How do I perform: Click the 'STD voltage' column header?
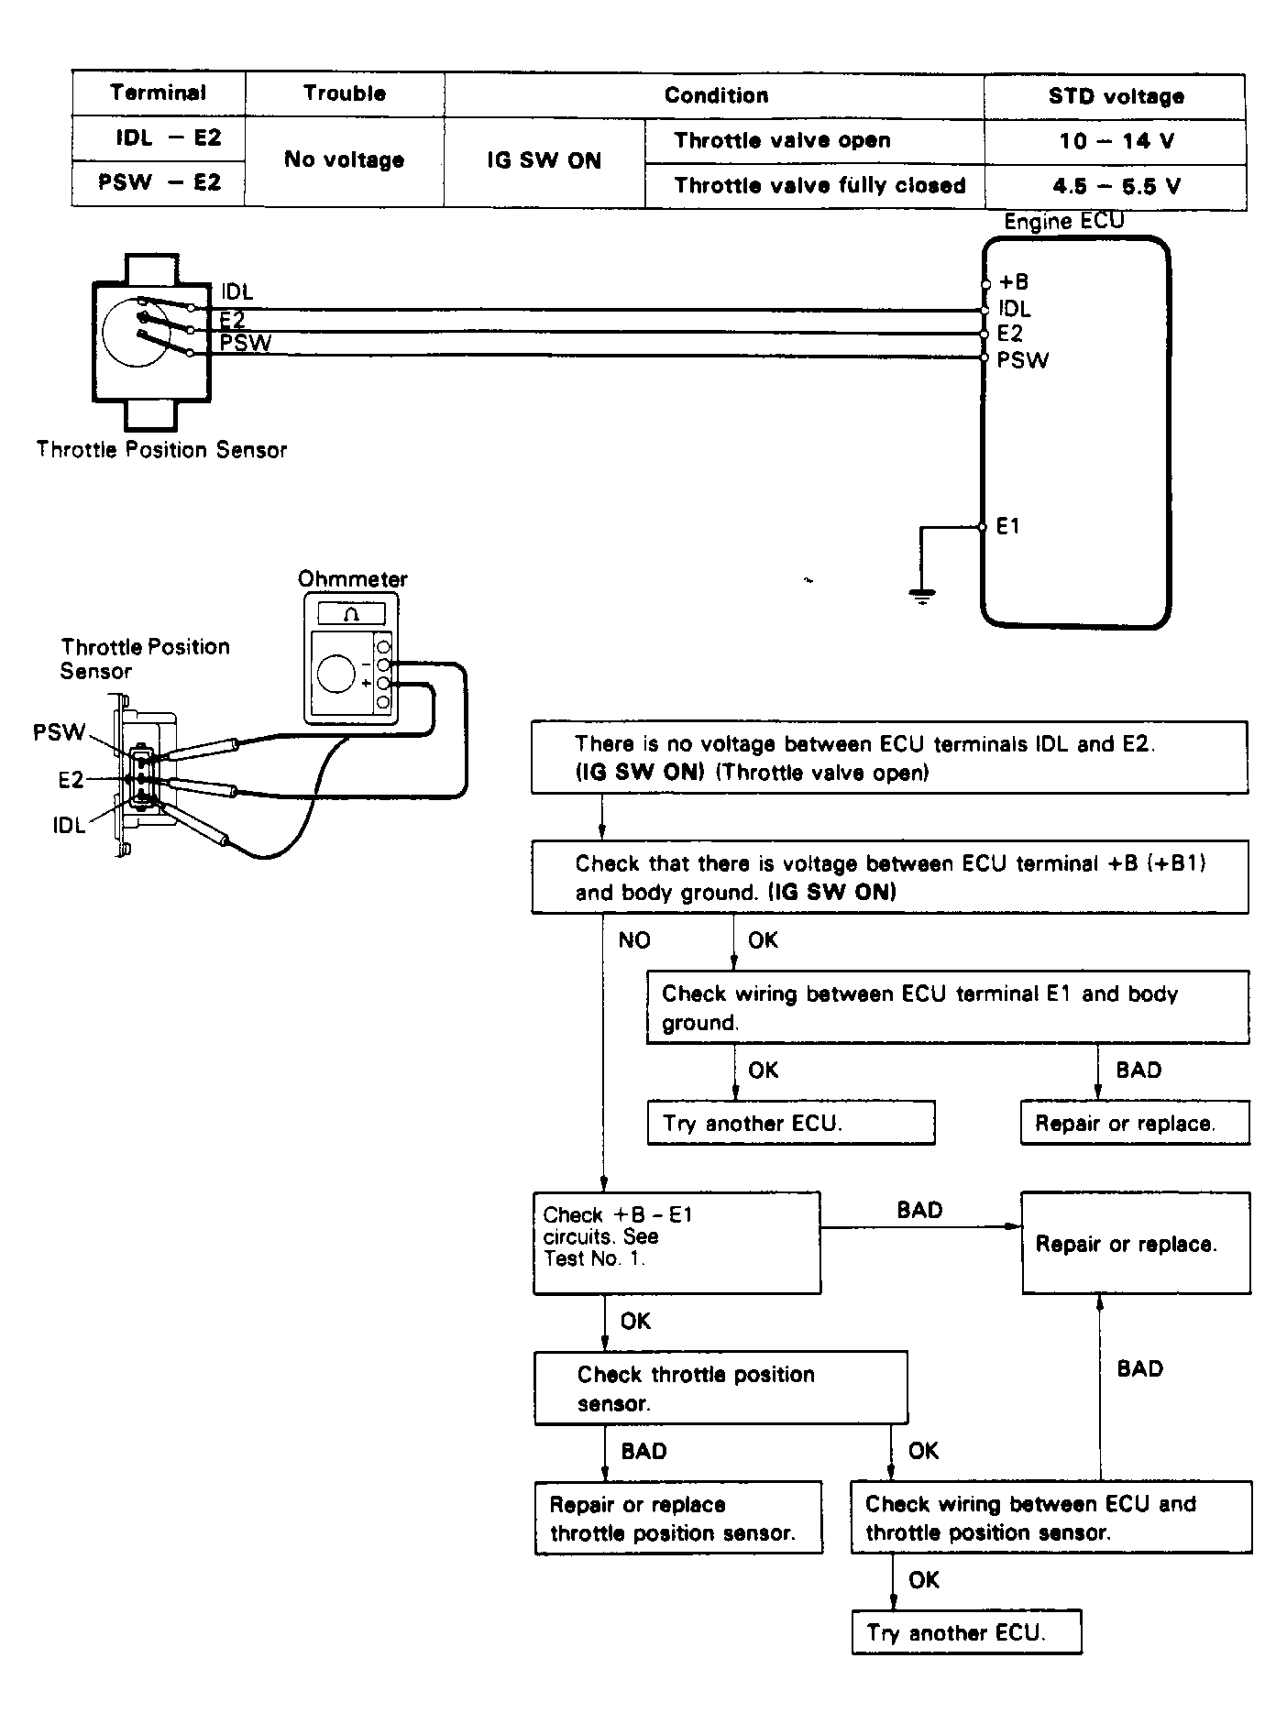click(x=1115, y=95)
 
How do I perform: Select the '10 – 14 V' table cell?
click(x=1115, y=141)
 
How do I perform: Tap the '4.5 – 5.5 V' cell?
click(x=1115, y=186)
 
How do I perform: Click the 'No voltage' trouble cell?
click(x=344, y=160)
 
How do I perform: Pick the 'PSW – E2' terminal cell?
click(x=159, y=182)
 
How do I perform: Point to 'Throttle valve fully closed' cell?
click(x=819, y=186)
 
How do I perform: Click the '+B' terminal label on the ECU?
click(x=1013, y=282)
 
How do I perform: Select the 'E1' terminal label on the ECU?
click(x=1007, y=527)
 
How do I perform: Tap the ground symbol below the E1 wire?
click(x=922, y=597)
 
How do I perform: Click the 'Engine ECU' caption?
click(x=1063, y=222)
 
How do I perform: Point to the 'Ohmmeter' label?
click(x=352, y=579)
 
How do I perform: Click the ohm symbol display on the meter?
click(x=351, y=614)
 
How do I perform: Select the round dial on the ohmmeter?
click(x=335, y=675)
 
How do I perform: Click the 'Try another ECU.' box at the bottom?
click(x=966, y=1631)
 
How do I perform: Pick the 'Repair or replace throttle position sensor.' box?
click(x=678, y=1518)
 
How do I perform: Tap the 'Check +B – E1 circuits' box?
click(x=676, y=1242)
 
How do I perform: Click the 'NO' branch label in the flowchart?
click(x=633, y=940)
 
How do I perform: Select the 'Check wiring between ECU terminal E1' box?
click(x=947, y=1007)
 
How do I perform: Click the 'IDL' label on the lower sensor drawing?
click(x=69, y=826)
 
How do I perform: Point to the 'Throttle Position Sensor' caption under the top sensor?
click(x=161, y=450)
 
